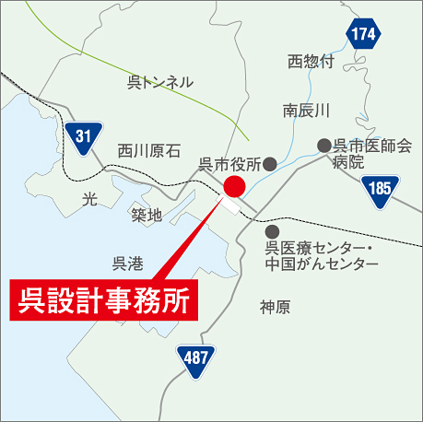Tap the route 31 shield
(84, 136)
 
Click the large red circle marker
(233, 187)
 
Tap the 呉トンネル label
(159, 82)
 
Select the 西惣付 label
(311, 62)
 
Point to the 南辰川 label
(306, 111)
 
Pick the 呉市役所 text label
(229, 164)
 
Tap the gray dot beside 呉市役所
(270, 164)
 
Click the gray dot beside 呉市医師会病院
(323, 146)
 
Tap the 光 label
(88, 198)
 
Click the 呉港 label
(127, 264)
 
